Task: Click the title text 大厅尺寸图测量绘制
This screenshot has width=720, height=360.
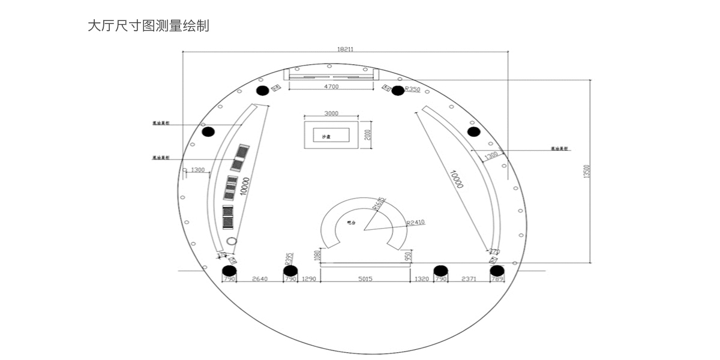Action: coord(148,26)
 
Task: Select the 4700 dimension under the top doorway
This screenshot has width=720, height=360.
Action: coord(331,87)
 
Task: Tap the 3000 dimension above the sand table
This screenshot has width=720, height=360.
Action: coord(331,113)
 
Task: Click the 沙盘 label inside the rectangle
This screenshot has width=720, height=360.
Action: coord(326,137)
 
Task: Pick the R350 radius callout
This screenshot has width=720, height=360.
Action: coord(413,89)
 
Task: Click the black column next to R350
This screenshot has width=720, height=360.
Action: coord(397,91)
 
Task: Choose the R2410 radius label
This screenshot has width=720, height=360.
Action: coord(415,223)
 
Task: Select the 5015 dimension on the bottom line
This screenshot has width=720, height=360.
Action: coord(365,280)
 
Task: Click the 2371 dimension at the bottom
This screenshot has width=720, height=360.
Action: coord(470,280)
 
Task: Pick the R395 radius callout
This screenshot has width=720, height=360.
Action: coord(288,259)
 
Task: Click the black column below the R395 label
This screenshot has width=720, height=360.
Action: coord(290,271)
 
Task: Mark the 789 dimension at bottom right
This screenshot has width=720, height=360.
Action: coord(497,280)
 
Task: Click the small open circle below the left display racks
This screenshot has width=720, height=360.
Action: coord(232,242)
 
